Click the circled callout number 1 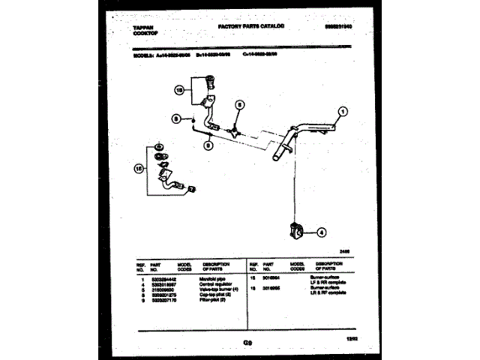343,114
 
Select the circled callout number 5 240,106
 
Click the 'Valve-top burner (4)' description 223,289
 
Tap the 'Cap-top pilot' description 219,295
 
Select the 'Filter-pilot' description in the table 217,300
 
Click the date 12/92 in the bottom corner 350,342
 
